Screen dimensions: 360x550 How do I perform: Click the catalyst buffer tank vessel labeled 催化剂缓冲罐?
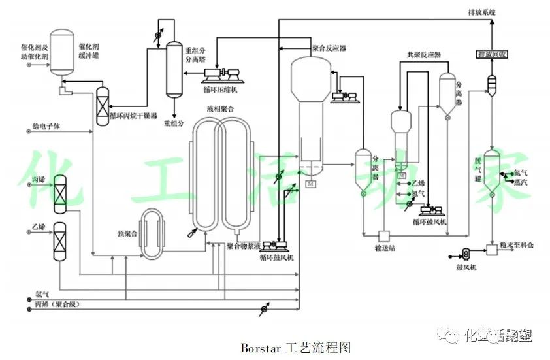63,52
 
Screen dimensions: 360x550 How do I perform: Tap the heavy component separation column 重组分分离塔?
174,68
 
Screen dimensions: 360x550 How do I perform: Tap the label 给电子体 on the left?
46,127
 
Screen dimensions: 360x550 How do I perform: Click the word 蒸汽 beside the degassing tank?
521,181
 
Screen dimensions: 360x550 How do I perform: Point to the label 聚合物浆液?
244,246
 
